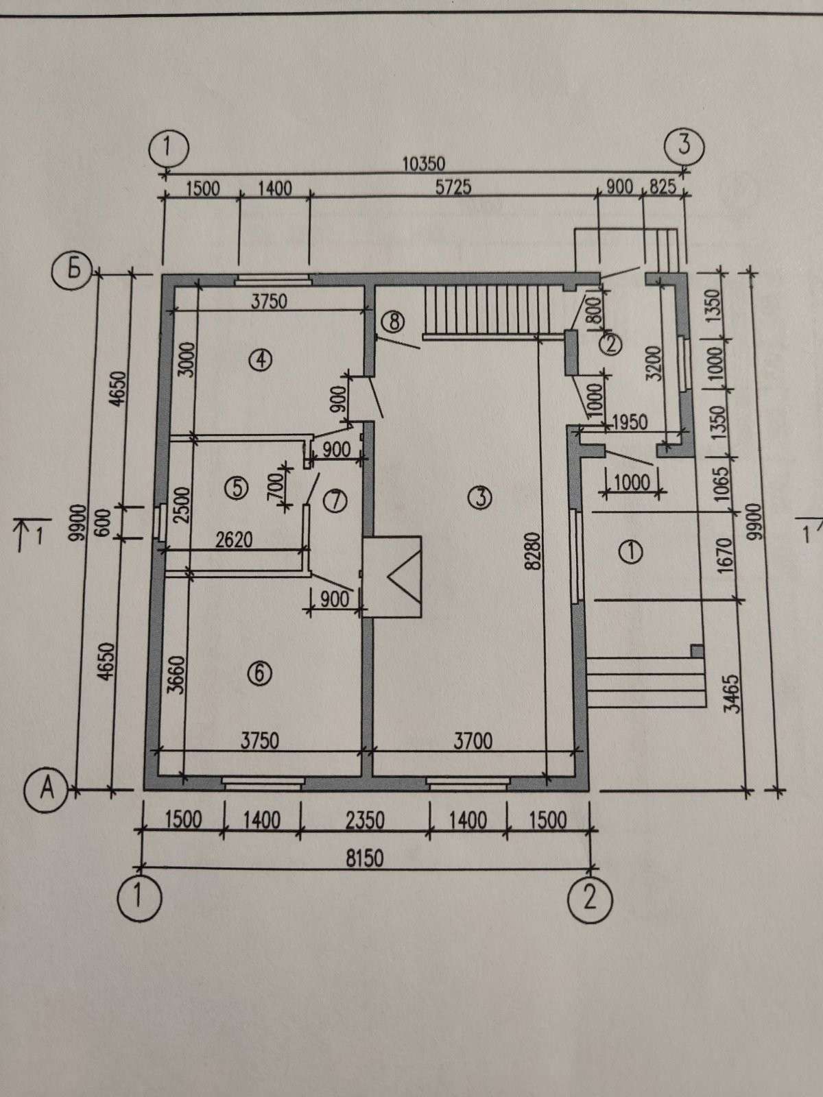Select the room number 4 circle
coord(261,359)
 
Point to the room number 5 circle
coord(235,487)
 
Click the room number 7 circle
coord(335,501)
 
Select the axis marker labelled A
coord(47,790)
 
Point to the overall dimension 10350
coord(423,164)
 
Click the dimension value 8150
coord(363,858)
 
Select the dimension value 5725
coord(453,187)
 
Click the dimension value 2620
coord(233,540)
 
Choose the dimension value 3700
coord(473,741)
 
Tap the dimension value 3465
coord(733,694)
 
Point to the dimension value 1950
coord(628,422)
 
